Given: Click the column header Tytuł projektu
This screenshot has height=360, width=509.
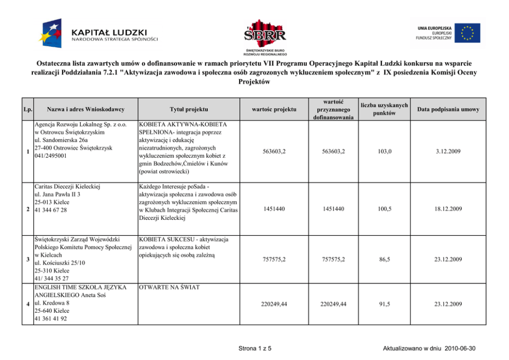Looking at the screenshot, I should point(188,109).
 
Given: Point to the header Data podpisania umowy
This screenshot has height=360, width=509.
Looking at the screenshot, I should point(448,109).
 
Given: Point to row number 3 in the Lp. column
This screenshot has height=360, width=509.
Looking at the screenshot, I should point(27,259).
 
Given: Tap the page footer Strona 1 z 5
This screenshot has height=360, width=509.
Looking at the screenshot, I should point(255,349).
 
